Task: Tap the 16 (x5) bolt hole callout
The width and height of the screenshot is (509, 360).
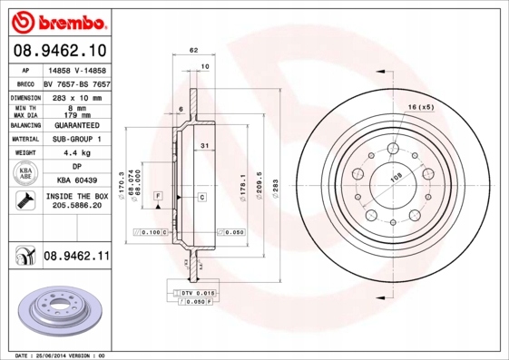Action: click(420, 108)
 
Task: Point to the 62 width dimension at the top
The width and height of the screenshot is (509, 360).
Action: click(193, 51)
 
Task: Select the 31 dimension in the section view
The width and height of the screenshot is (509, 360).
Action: click(205, 146)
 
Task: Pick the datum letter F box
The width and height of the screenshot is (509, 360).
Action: click(158, 196)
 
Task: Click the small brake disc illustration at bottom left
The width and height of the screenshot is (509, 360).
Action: click(62, 310)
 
